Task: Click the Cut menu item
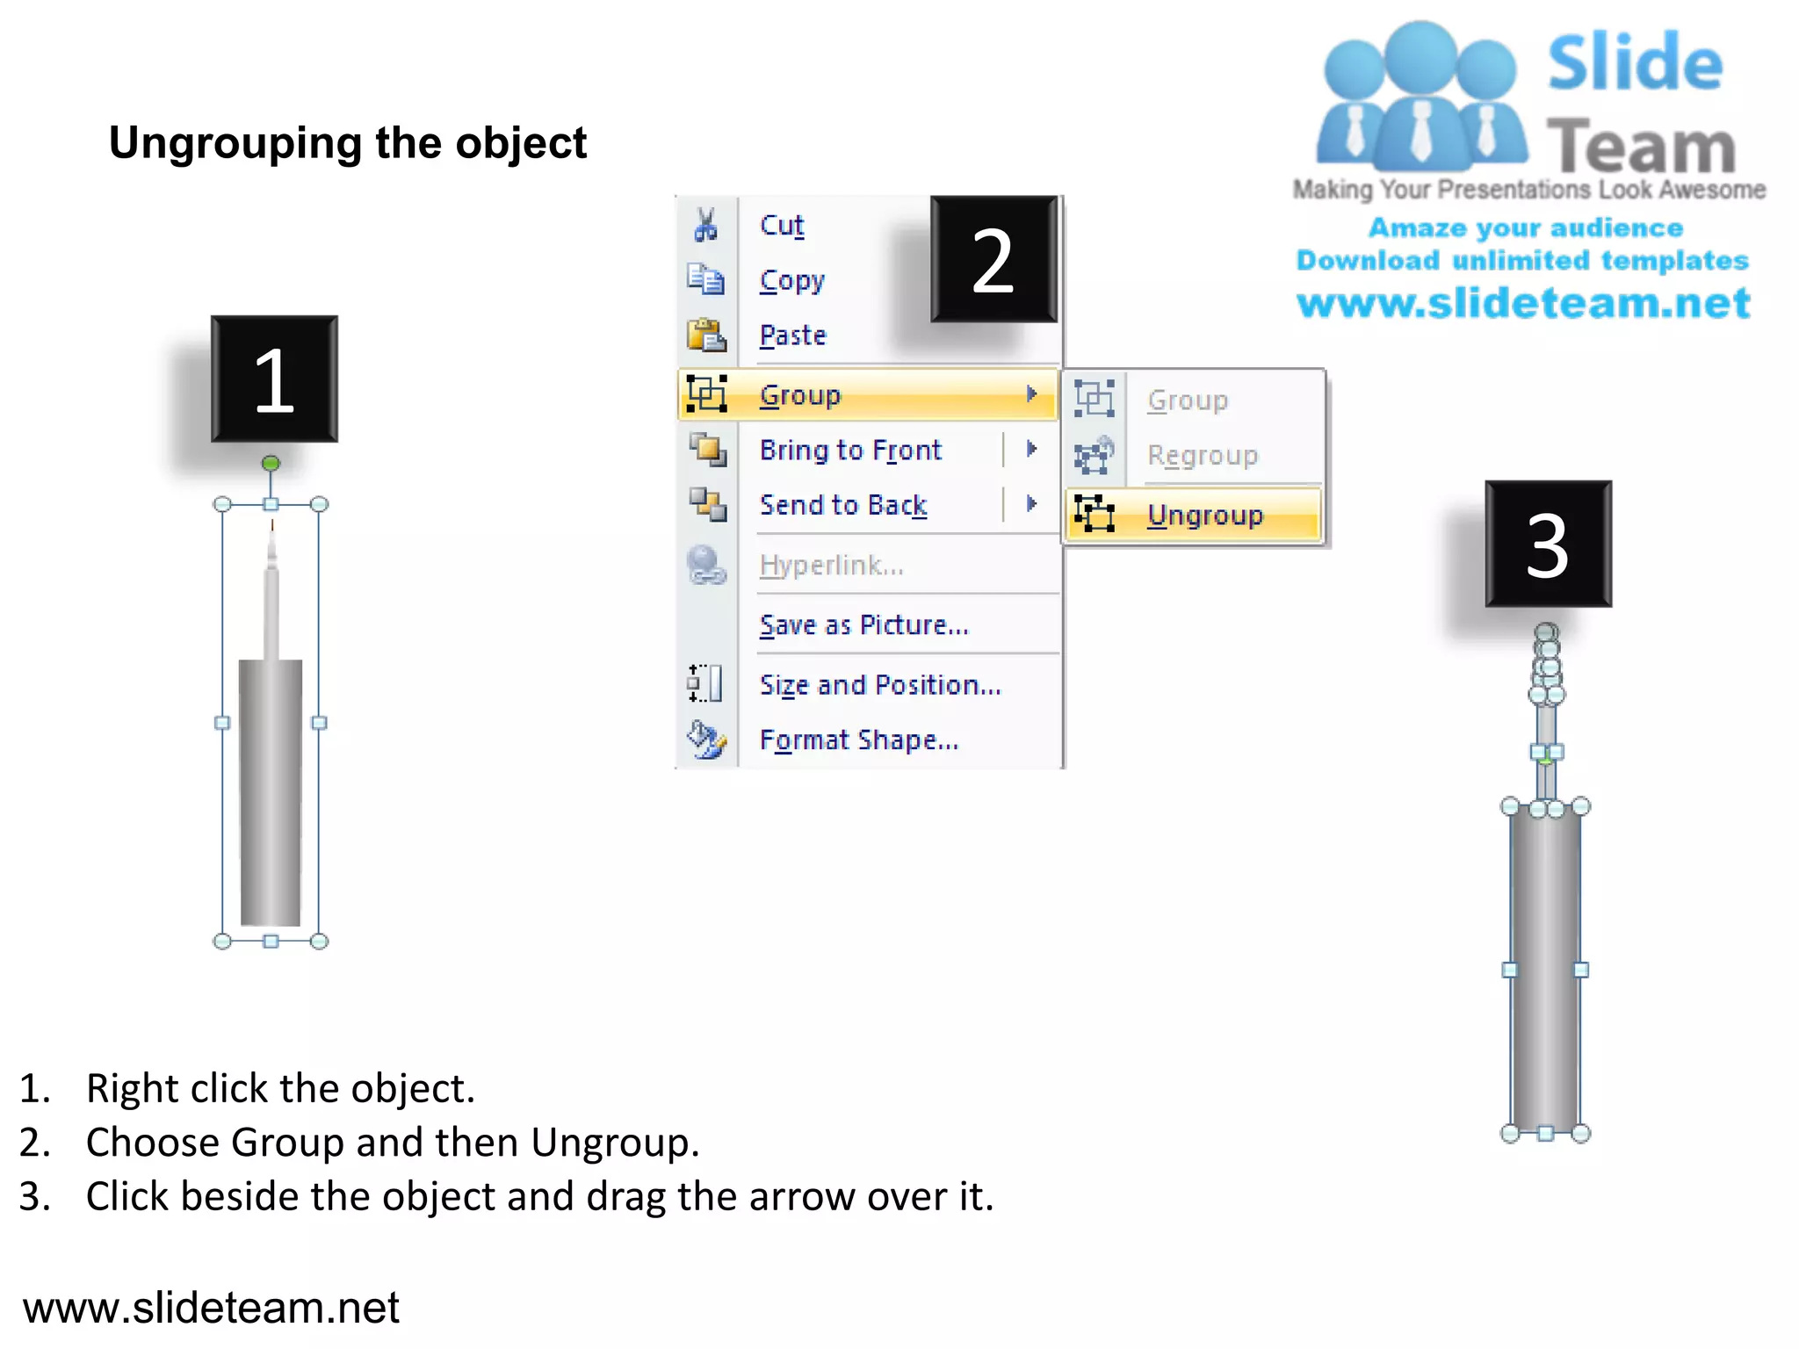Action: pos(782,226)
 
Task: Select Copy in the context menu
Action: pos(792,281)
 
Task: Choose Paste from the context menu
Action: pos(793,335)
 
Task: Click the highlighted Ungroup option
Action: pos(1204,515)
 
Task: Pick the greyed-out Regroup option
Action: pos(1203,456)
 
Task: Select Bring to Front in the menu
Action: pos(850,451)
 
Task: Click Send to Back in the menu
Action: pos(843,505)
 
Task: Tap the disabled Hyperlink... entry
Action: pos(831,566)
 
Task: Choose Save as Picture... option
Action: pos(863,625)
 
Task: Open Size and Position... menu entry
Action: pos(880,685)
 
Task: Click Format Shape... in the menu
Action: pos(859,740)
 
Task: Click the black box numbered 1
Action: pos(274,379)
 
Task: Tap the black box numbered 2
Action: pos(993,260)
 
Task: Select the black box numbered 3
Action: pos(1548,545)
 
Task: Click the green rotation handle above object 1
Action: pos(271,463)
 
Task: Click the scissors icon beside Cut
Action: pos(705,225)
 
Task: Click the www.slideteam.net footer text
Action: pos(211,1308)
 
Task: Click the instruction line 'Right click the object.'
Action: pos(280,1089)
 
